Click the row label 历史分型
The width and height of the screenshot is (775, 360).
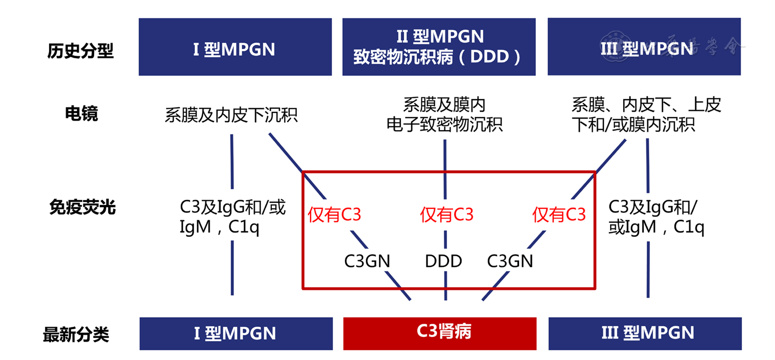pos(80,51)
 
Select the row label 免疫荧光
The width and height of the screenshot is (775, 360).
pos(82,207)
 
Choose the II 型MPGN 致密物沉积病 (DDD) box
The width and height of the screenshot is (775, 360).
pos(439,47)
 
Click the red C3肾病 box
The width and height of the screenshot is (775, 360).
pos(439,333)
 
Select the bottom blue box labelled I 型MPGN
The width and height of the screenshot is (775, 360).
pos(236,333)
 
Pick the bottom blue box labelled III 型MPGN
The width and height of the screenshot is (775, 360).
pos(645,333)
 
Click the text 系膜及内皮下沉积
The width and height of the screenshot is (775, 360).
pos(231,115)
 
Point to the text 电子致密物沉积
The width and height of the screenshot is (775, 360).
pos(444,124)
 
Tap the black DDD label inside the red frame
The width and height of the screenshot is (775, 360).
pos(443,261)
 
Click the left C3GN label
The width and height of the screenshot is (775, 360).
pos(367,261)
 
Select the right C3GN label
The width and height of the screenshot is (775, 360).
pos(510,261)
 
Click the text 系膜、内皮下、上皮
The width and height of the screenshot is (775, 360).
pos(646,105)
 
